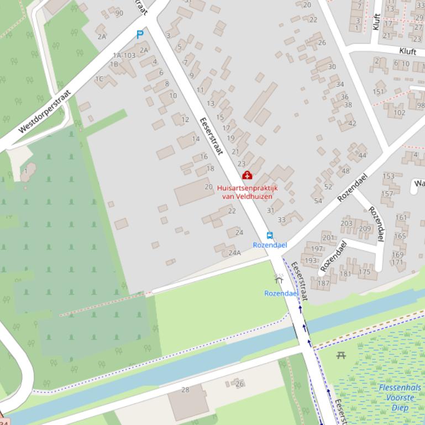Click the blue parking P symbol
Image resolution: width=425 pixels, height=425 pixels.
pos(140,35)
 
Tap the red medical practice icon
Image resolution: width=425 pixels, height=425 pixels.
pos(246,176)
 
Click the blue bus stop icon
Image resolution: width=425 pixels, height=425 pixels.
pos(270,235)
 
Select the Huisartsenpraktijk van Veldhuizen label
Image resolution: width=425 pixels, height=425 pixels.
pos(247,192)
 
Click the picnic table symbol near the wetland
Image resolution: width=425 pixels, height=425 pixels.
pos(341,355)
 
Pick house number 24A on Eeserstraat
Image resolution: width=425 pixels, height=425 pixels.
pos(235,253)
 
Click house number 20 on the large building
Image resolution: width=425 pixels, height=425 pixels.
pos(208,187)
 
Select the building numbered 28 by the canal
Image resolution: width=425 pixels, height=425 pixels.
pos(186,390)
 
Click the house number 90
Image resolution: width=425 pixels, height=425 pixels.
pos(119,13)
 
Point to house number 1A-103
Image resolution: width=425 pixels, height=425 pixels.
pos(124,55)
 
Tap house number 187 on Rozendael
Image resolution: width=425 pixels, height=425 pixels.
pos(323,283)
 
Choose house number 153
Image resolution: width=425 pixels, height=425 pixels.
pos(389,177)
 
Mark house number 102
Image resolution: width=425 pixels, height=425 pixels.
pos(399,113)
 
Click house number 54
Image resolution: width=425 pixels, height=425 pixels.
pos(318,200)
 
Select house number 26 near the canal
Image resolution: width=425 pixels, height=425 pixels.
pos(239,384)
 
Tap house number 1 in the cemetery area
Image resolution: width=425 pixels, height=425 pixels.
pos(25,171)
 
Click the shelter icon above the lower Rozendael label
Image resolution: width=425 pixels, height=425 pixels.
pos(279,279)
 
